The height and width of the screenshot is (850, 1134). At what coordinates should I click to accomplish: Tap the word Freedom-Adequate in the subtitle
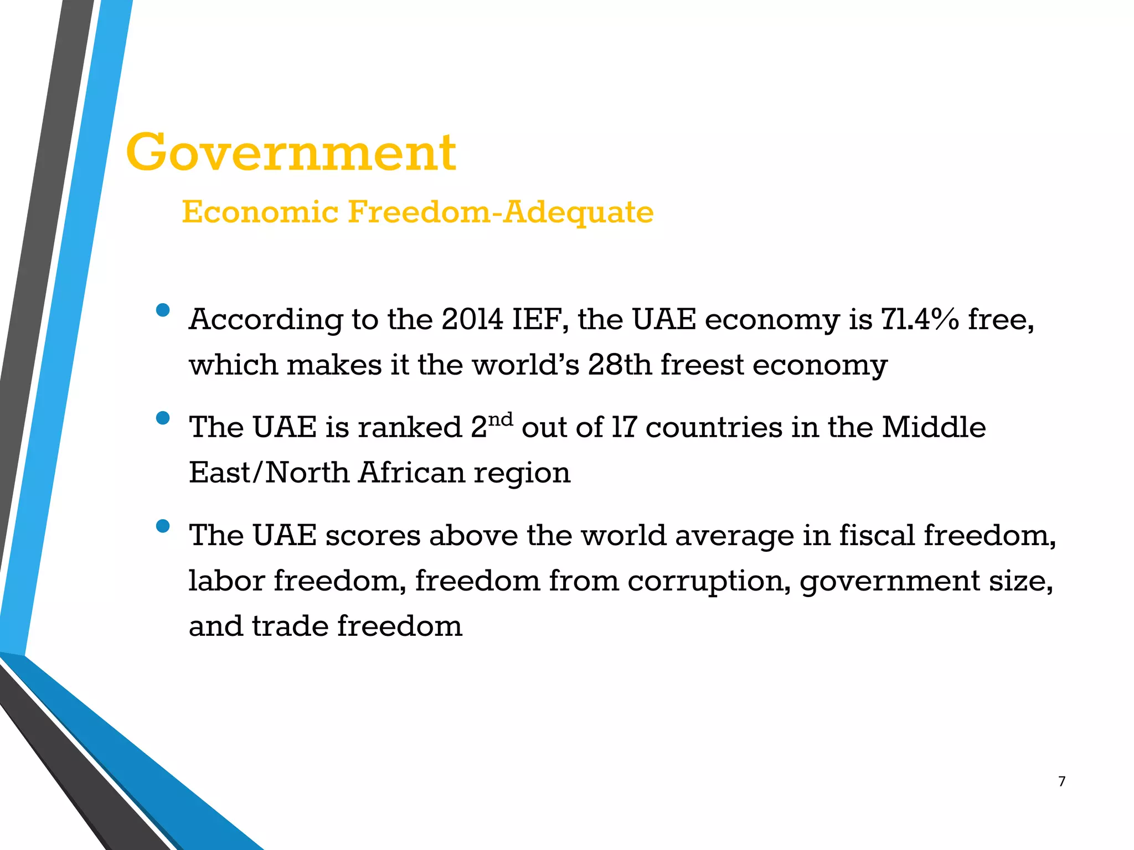(x=501, y=212)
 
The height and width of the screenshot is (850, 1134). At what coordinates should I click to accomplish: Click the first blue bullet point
(x=163, y=310)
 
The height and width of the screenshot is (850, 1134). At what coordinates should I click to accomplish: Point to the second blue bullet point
(x=163, y=418)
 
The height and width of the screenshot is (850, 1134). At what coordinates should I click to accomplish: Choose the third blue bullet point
(x=163, y=526)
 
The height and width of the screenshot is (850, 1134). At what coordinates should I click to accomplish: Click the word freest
(x=702, y=365)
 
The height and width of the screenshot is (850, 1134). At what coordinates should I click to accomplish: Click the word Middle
(x=934, y=428)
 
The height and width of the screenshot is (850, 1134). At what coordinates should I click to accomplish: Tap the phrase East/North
(x=269, y=473)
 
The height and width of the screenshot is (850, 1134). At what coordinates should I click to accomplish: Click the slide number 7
(x=1061, y=781)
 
